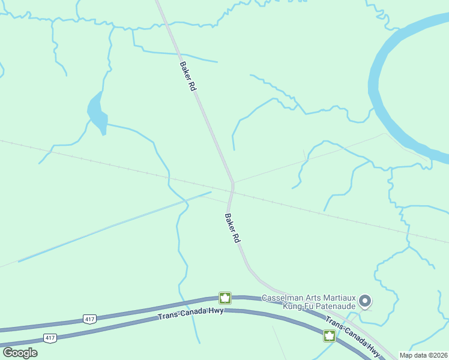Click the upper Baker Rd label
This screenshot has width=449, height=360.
[188, 76]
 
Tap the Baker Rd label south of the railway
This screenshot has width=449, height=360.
[232, 228]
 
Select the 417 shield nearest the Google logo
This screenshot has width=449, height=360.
[50, 338]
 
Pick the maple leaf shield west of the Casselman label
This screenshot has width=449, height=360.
[225, 298]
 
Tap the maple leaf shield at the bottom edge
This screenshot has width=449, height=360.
[330, 336]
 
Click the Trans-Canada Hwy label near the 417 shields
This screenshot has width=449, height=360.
[191, 313]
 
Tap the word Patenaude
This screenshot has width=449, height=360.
[334, 306]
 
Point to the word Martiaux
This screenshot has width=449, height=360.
[339, 298]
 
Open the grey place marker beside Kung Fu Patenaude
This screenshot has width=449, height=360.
[365, 302]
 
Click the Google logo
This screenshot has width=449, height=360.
[20, 353]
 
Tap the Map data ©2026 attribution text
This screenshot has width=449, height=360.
[423, 355]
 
